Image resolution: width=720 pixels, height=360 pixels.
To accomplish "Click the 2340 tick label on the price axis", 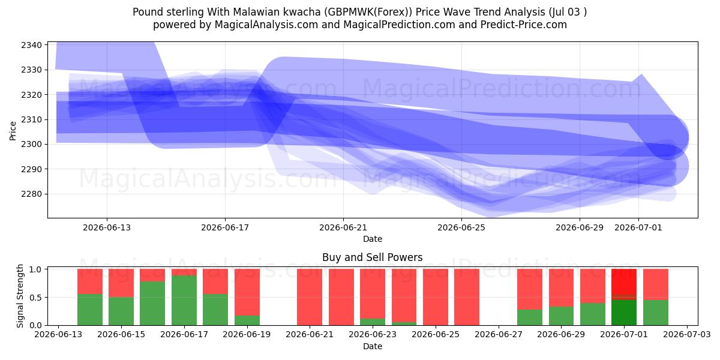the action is click(31, 45).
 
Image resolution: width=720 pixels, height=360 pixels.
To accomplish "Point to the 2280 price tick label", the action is click(31, 194).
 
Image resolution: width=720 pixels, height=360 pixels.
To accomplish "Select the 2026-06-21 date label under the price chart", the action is click(343, 227).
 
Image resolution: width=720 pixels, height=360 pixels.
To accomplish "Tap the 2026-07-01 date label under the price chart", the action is click(638, 227).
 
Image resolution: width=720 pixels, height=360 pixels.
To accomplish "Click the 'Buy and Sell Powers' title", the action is click(372, 257).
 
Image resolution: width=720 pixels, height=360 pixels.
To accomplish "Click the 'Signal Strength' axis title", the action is click(20, 296).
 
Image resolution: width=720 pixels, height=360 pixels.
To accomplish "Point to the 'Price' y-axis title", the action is click(13, 131).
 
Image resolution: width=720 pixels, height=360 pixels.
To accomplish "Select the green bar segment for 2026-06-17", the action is click(184, 301).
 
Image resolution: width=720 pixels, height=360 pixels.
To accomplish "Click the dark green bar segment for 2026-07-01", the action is click(624, 313).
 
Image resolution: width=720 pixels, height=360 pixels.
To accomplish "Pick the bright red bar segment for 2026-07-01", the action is click(624, 281).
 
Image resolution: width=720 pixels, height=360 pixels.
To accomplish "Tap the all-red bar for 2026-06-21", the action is click(310, 297).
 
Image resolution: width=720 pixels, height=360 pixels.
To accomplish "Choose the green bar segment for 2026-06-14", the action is click(90, 310).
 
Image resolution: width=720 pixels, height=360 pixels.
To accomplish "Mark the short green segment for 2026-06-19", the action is click(247, 320).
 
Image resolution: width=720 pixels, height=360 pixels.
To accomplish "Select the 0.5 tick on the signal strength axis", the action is click(35, 298).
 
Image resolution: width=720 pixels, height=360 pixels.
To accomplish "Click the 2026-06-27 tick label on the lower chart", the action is click(499, 335).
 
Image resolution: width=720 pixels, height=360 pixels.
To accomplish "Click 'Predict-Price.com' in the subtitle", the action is click(524, 25).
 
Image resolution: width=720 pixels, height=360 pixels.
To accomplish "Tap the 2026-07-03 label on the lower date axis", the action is click(687, 335).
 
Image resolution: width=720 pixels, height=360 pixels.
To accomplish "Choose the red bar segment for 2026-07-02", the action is click(656, 284).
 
